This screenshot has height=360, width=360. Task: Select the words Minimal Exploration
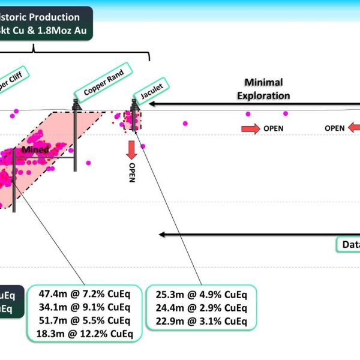(263, 89)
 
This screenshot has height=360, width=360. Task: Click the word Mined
(34, 149)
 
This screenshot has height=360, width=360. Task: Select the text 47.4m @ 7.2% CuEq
(83, 295)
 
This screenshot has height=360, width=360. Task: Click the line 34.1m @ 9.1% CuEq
(83, 308)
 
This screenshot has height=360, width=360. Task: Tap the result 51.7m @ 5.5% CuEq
(83, 321)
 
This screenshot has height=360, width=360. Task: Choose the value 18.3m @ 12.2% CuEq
(83, 334)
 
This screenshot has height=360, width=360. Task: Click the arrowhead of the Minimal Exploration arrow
(153, 104)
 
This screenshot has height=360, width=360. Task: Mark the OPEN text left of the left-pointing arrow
(335, 128)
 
